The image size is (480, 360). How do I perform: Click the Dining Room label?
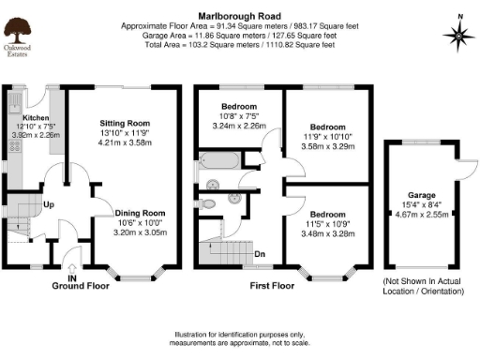pos(140,213)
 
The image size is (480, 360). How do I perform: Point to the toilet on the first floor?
pos(211,202)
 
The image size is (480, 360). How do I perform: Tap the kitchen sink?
pos(16,100)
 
